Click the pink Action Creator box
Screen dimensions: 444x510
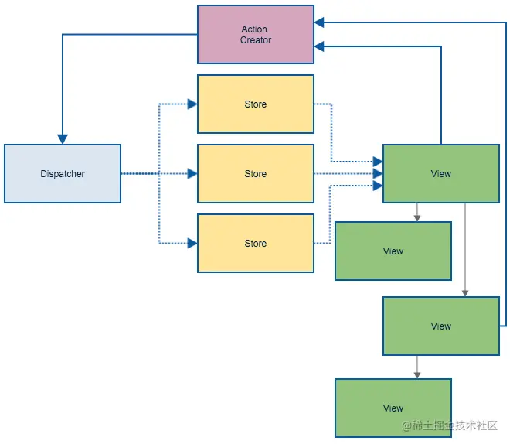click(x=256, y=34)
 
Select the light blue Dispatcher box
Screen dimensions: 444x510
click(x=63, y=173)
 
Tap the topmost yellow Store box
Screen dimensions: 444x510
click(x=256, y=104)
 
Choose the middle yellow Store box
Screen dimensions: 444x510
click(x=256, y=173)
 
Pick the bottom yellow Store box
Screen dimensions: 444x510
click(x=256, y=243)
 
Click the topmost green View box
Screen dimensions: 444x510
click(x=441, y=173)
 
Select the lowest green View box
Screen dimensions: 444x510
click(x=393, y=408)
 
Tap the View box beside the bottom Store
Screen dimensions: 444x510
click(x=393, y=251)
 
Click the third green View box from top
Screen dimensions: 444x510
click(x=441, y=326)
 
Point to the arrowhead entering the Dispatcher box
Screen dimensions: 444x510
click(x=63, y=139)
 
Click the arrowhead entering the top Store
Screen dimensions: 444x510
click(x=192, y=104)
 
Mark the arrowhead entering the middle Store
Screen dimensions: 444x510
click(x=192, y=173)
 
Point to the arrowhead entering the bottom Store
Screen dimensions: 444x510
click(x=192, y=243)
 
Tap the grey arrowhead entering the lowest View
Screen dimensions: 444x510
click(x=417, y=374)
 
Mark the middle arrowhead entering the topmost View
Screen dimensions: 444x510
click(x=378, y=173)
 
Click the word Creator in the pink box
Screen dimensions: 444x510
click(x=256, y=40)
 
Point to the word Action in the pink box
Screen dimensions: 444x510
click(x=254, y=29)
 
